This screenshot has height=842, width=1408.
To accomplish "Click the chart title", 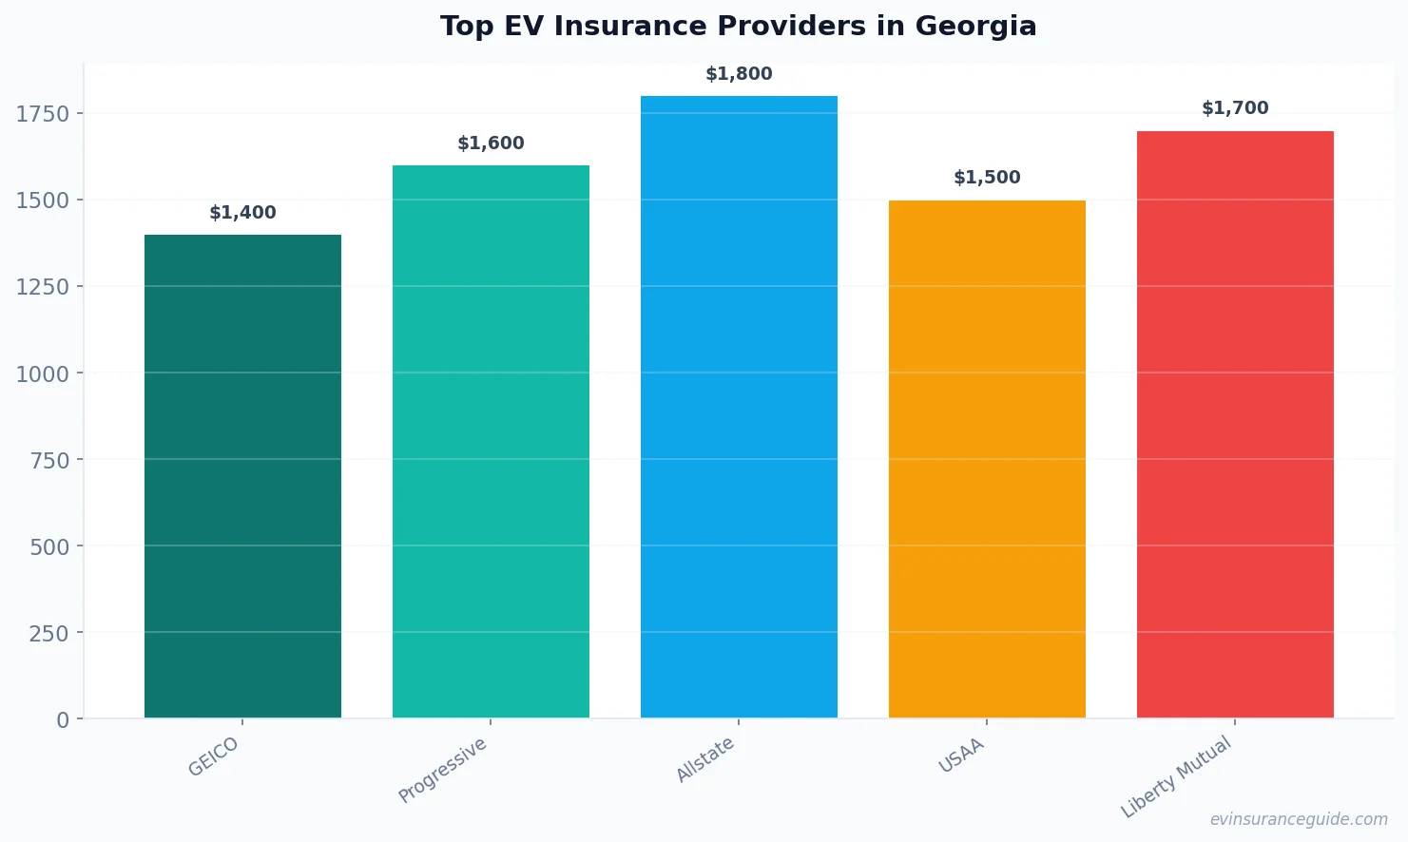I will [738, 26].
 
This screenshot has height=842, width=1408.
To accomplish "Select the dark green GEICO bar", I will [242, 475].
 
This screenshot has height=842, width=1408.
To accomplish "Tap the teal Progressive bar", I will [491, 442].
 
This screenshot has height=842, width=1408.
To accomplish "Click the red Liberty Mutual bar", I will [1235, 424].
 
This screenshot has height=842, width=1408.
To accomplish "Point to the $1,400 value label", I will [242, 213].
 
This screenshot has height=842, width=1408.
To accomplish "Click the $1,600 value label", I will [491, 144].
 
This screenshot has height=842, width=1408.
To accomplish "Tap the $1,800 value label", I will [739, 74].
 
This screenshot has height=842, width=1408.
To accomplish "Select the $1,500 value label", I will [987, 178].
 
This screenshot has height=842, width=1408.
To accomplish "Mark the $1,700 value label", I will [1235, 108].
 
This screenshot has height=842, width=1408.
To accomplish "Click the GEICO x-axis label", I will [214, 757].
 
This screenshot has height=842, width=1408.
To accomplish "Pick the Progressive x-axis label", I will [443, 770].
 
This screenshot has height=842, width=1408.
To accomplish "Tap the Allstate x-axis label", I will [705, 759].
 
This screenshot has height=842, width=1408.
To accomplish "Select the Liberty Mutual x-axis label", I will [1176, 777].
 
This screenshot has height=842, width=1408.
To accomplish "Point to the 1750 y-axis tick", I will [43, 114].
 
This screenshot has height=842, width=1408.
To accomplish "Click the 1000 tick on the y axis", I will [43, 373].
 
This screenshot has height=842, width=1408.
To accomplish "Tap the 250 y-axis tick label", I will [48, 633].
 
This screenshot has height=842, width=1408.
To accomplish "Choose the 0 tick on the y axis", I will [63, 719].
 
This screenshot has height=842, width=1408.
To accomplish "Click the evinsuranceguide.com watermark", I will [1299, 819].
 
